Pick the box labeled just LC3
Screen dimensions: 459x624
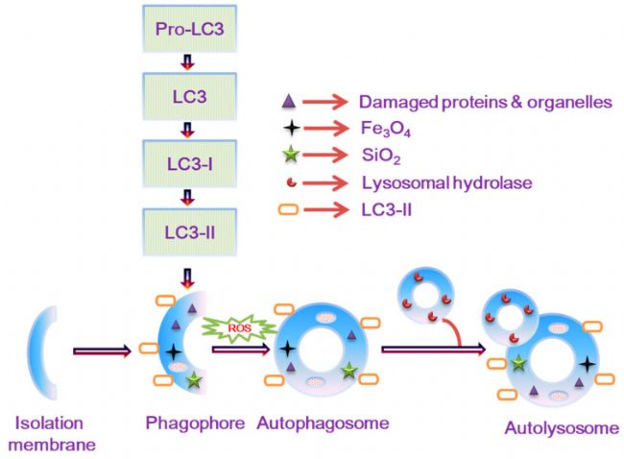pos(188,96)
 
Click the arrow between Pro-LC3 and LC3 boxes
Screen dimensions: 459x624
pos(188,63)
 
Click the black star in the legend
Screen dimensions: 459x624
pos(287,125)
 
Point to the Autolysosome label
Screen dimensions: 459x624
pos(562,427)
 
